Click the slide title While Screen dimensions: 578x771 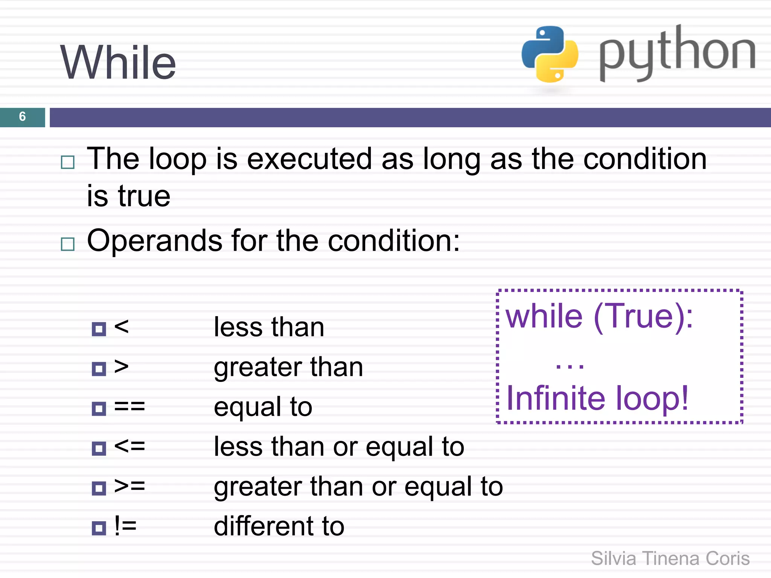118,62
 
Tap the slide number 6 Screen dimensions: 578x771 22,117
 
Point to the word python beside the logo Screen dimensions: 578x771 677,53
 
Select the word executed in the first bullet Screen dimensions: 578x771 309,159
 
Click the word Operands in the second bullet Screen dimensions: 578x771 154,241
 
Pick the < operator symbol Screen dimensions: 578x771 121,326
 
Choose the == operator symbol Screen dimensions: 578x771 130,406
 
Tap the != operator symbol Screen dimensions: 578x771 125,526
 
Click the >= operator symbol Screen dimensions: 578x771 130,486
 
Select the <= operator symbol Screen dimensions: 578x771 130,446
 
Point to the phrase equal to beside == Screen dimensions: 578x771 263,407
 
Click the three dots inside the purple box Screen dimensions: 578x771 570,366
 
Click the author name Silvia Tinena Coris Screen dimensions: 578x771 670,558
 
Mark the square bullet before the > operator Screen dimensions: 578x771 99,369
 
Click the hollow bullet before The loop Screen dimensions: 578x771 68,163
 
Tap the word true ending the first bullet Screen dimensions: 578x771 144,196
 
